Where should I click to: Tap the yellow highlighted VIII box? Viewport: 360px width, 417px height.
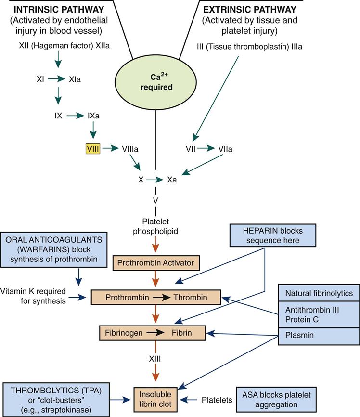pyautogui.click(x=93, y=149)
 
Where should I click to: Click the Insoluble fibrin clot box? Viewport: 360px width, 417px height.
pyautogui.click(x=155, y=399)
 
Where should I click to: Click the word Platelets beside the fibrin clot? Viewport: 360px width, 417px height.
pyautogui.click(x=218, y=400)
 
